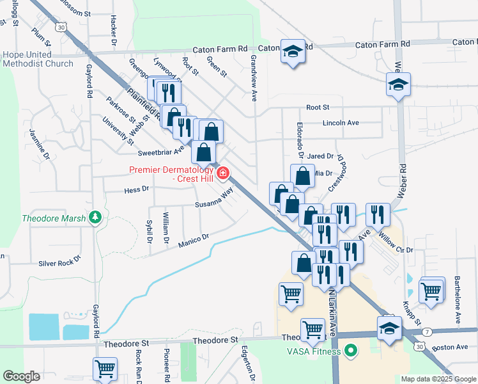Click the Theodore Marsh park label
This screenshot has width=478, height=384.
(54, 218)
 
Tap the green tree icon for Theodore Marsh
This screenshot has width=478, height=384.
(96, 218)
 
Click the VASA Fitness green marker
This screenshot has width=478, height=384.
(350, 351)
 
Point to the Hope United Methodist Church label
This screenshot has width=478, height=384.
(38, 59)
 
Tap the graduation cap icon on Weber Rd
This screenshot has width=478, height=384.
(398, 84)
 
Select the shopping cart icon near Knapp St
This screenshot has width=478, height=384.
(432, 289)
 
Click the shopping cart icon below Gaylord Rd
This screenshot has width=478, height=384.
(105, 369)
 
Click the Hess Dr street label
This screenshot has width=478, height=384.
(136, 189)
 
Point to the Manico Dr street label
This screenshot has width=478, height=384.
(194, 241)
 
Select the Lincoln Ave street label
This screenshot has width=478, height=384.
(341, 122)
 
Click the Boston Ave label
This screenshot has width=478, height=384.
(451, 348)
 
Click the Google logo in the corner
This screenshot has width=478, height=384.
(22, 376)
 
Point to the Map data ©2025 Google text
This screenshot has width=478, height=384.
(438, 378)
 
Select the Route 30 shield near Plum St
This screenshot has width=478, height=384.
(60, 27)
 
